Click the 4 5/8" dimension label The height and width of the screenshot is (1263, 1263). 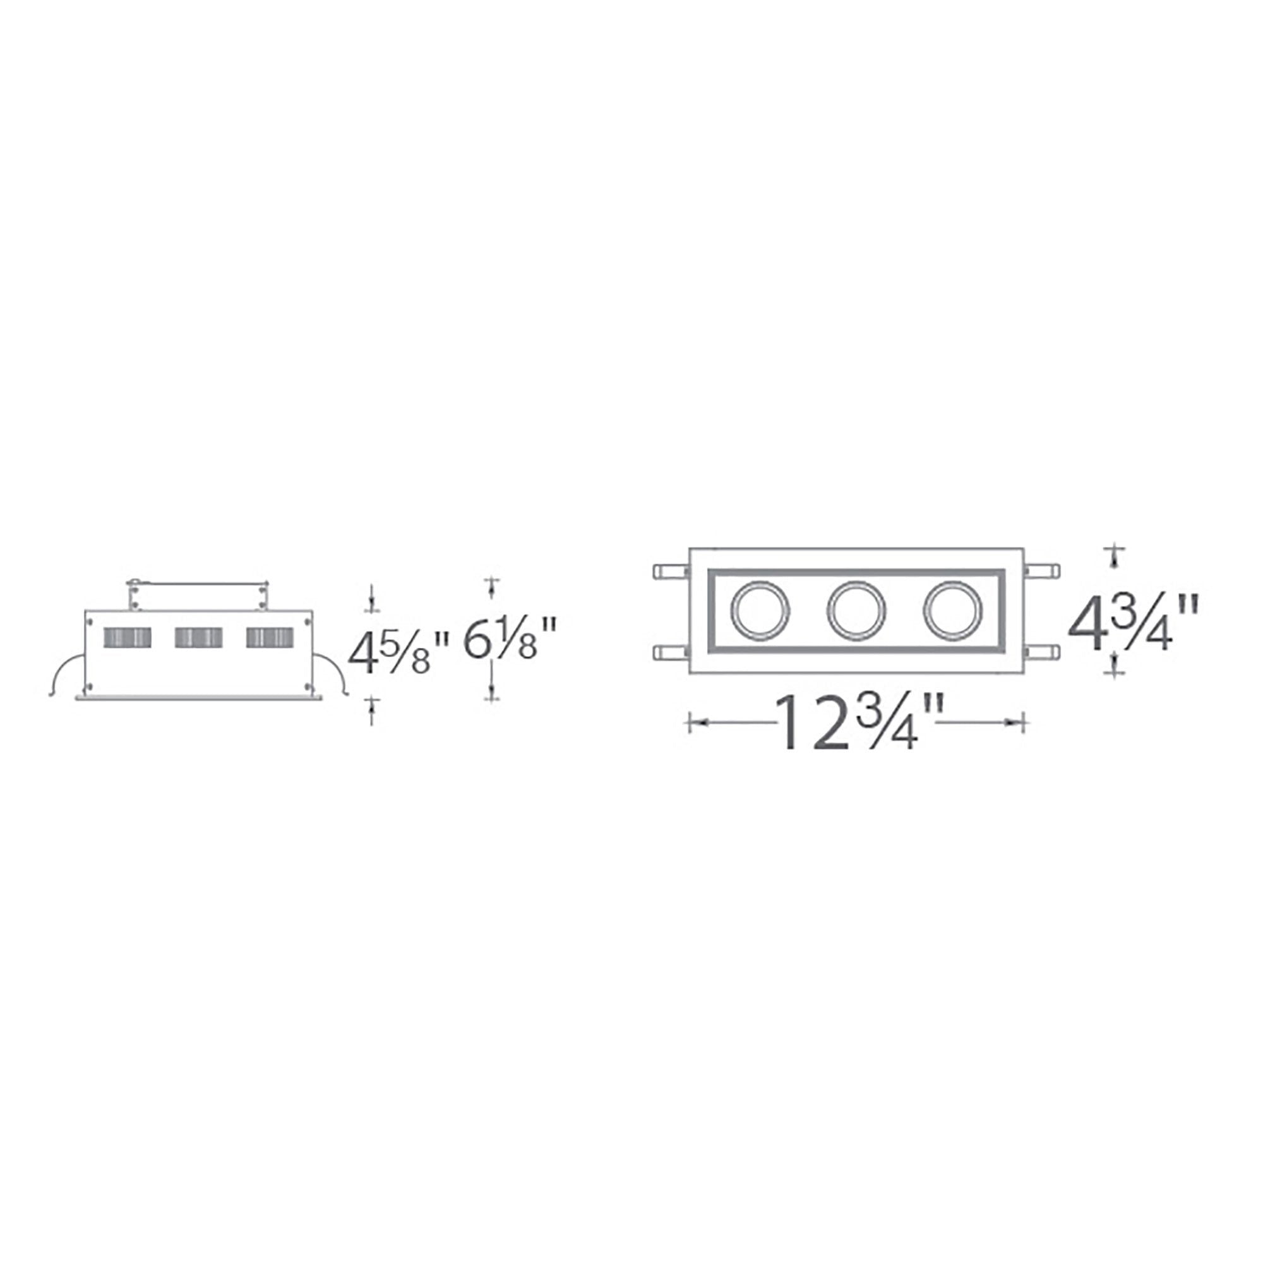tap(397, 653)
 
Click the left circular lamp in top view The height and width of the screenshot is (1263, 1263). tap(760, 610)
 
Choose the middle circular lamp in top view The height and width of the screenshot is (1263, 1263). tap(856, 610)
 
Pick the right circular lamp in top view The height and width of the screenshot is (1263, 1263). tap(952, 610)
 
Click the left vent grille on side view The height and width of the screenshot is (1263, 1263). tap(128, 637)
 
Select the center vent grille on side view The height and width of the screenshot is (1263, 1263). tap(198, 637)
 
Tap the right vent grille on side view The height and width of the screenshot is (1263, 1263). tap(270, 637)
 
